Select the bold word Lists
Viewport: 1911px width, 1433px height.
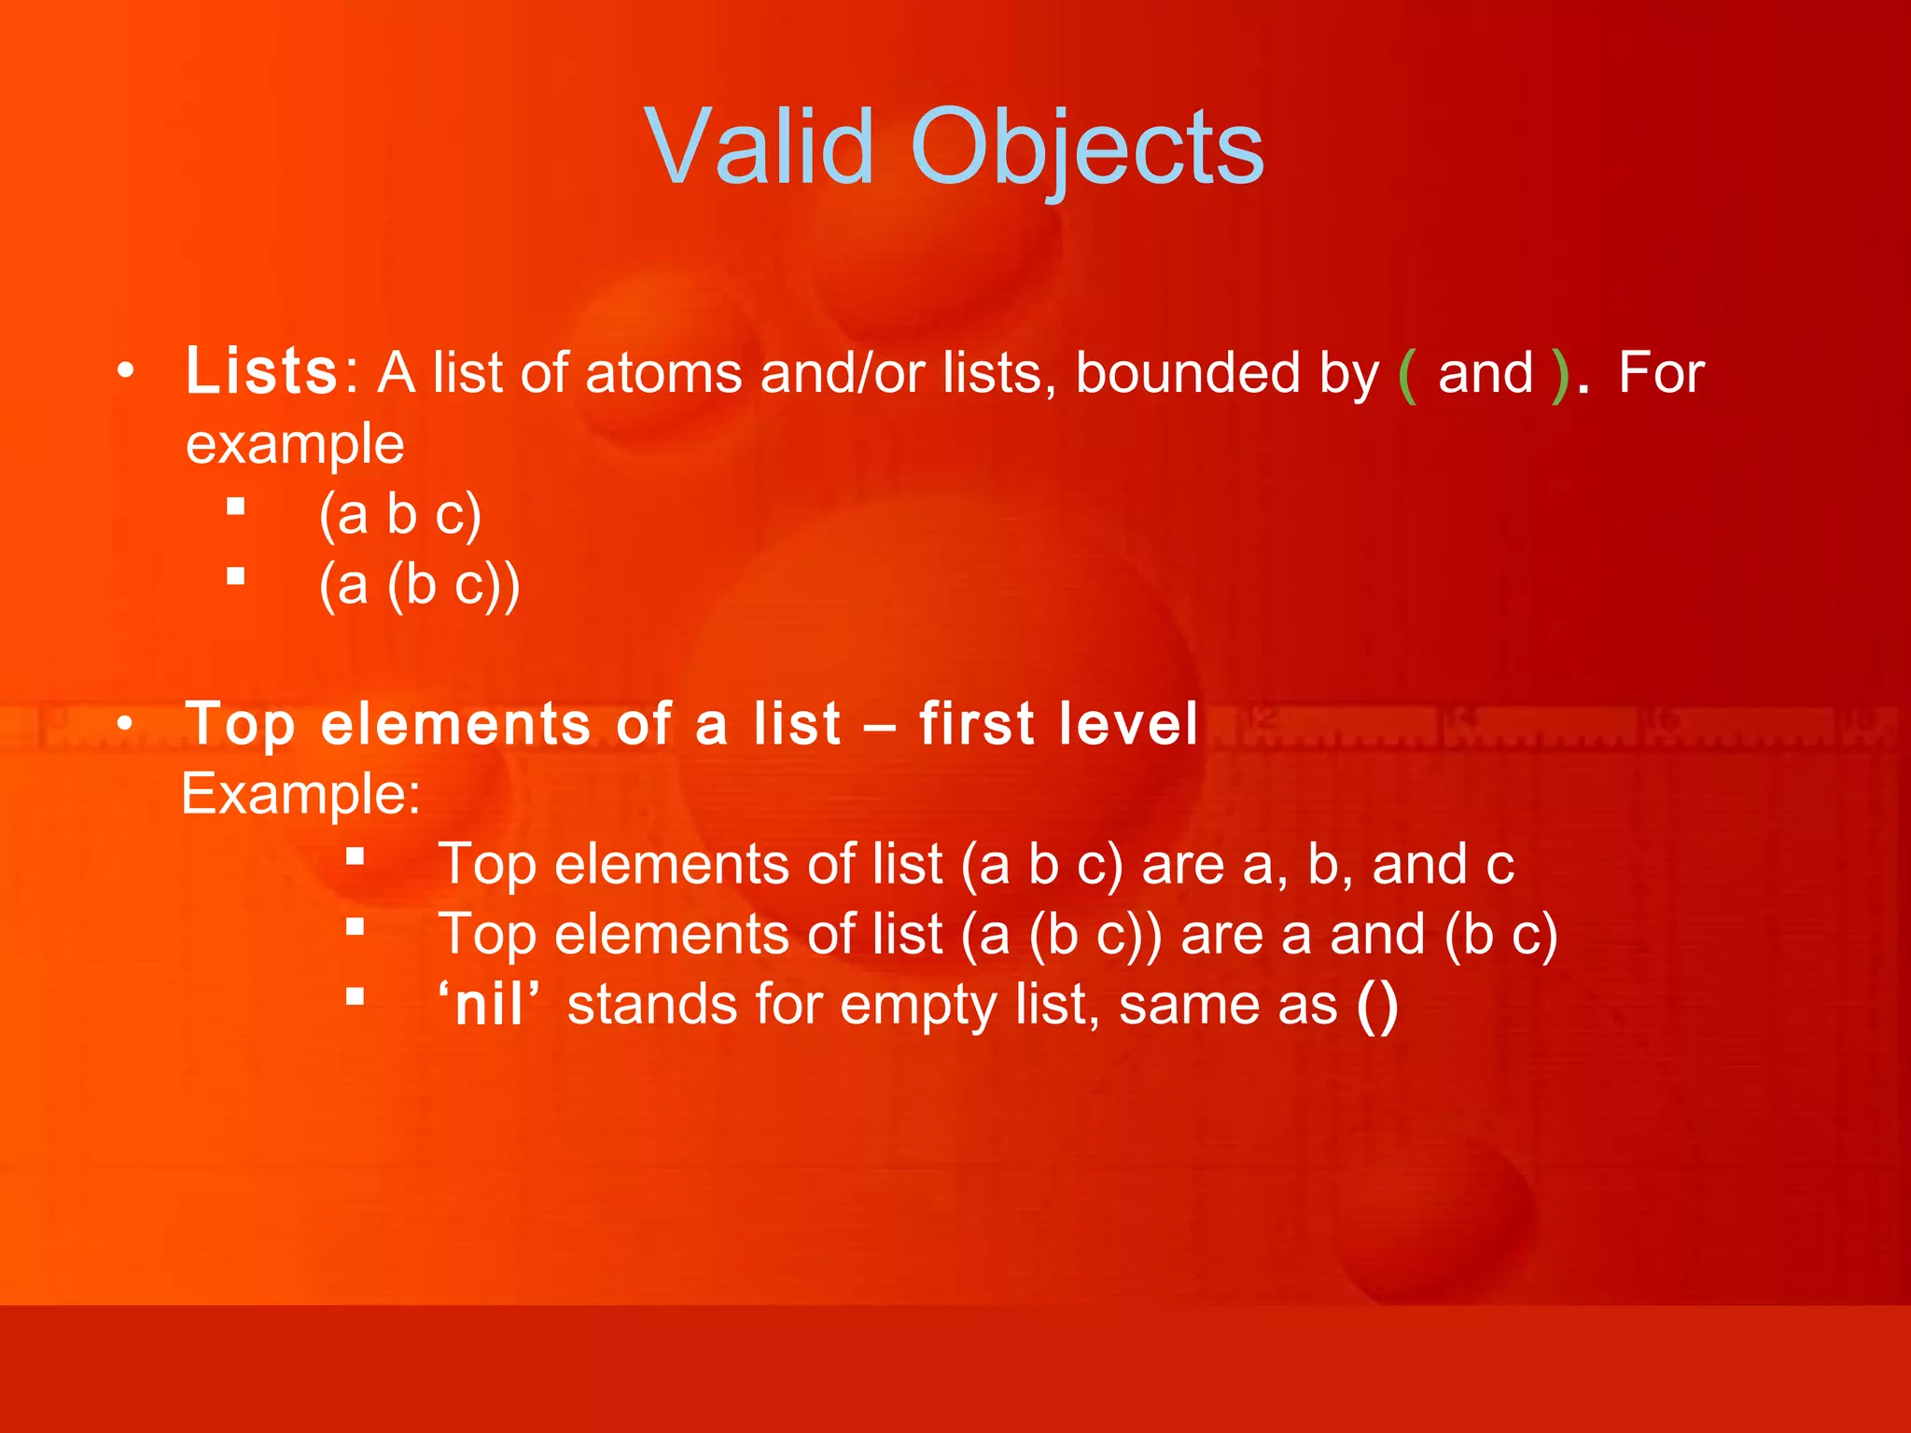[261, 371]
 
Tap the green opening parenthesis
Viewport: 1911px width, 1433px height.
[1408, 375]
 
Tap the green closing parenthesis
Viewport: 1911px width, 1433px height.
[1559, 375]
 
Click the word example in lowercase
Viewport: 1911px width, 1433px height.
[295, 444]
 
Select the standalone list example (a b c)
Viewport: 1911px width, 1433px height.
[400, 514]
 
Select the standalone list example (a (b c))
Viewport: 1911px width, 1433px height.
[419, 585]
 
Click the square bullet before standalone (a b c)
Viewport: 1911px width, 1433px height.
[236, 507]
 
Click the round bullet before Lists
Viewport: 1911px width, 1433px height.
[126, 371]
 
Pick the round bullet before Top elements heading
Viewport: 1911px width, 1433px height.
[126, 723]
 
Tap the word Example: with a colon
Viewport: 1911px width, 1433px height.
[300, 794]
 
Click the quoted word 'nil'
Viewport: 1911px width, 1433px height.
[489, 1005]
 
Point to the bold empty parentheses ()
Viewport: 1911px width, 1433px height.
[1377, 1006]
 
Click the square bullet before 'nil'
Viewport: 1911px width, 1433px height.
[355, 997]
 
